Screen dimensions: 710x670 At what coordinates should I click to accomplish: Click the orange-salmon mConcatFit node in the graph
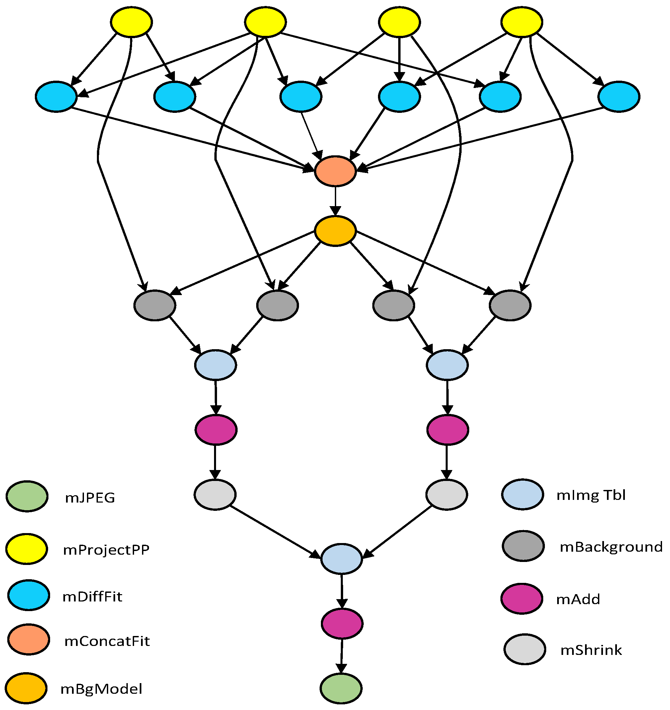[x=335, y=171]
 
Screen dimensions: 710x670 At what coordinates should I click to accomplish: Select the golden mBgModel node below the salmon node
[x=335, y=231]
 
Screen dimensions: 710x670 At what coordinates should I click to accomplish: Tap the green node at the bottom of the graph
[x=341, y=688]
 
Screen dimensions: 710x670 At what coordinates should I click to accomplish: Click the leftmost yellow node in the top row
[x=131, y=22]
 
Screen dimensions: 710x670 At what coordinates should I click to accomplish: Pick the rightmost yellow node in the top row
[x=522, y=22]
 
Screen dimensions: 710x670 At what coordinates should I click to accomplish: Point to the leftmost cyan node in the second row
[x=56, y=97]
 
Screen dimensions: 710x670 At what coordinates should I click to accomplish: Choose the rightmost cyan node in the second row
[x=619, y=97]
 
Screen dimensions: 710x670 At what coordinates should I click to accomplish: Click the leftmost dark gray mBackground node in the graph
[x=155, y=305]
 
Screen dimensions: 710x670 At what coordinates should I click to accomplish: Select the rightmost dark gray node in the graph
[x=510, y=305]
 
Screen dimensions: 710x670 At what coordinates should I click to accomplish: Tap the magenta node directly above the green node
[x=342, y=623]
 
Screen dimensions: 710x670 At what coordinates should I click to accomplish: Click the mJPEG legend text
[x=90, y=498]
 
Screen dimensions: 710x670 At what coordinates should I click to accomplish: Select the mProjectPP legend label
[x=106, y=550]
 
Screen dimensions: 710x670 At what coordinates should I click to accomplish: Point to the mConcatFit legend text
[x=107, y=641]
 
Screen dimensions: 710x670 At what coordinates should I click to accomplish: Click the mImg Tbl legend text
[x=591, y=495]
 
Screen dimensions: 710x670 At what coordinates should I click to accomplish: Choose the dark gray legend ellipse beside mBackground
[x=523, y=546]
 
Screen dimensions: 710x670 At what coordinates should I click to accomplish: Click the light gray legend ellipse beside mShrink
[x=524, y=649]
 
